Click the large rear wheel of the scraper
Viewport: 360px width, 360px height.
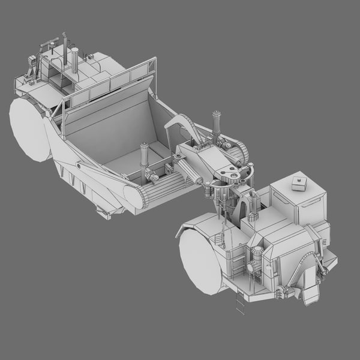pyautogui.click(x=28, y=129)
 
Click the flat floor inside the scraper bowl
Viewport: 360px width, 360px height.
pyautogui.click(x=129, y=162)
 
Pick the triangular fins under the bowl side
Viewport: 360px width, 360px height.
pyautogui.click(x=75, y=180)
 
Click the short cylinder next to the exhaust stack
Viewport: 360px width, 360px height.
pyautogui.click(x=75, y=60)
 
